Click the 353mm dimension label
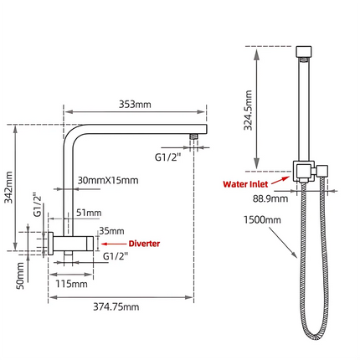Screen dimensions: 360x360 (135, 105)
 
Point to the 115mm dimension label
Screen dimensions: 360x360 (73, 284)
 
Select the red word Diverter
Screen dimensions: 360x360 (144, 244)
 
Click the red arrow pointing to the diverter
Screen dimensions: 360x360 (111, 244)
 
